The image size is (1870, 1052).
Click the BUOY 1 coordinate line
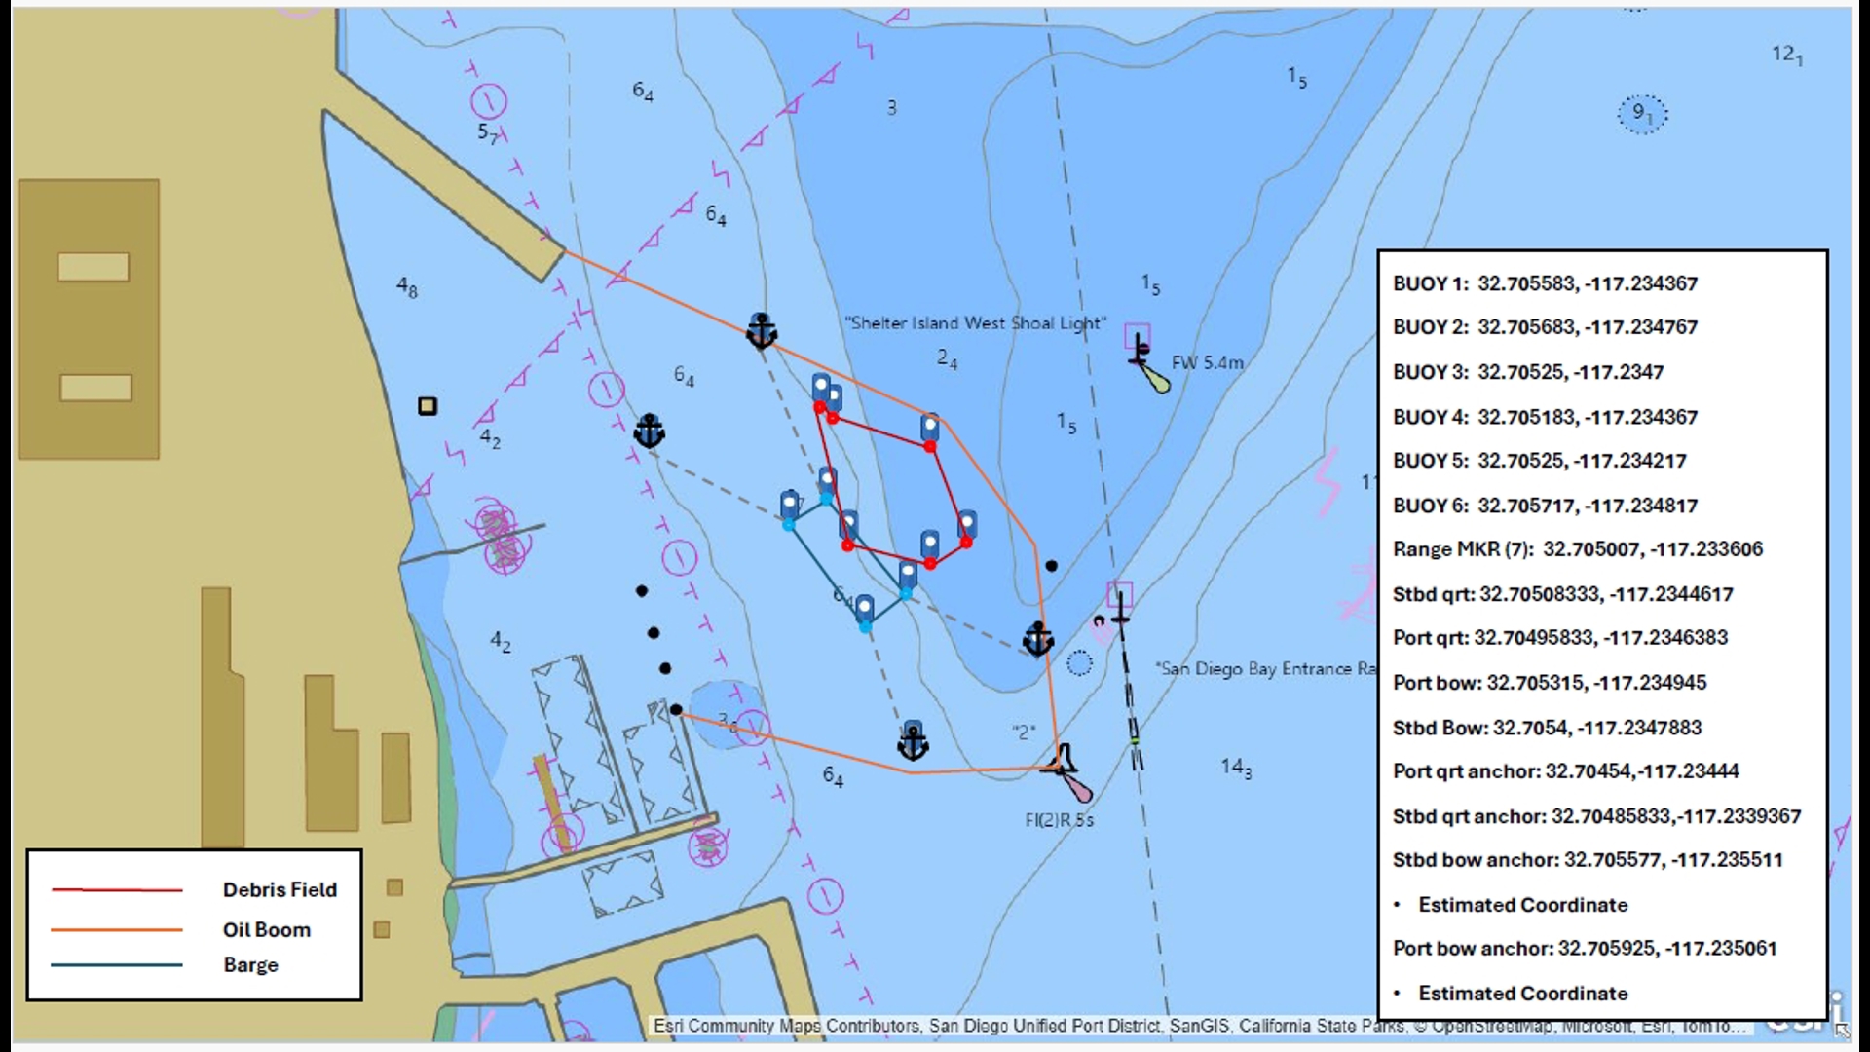[1545, 283]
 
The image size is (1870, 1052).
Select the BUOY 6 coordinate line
[1545, 506]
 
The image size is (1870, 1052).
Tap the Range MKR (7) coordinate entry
[1577, 549]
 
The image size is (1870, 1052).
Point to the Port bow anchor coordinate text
[1584, 949]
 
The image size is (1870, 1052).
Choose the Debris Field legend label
[280, 890]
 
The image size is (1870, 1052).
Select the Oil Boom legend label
[266, 930]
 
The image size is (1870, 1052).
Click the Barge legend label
[250, 965]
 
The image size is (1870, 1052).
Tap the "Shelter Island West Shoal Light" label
[974, 323]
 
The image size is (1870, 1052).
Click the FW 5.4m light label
[1207, 363]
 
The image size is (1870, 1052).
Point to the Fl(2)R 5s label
[1059, 820]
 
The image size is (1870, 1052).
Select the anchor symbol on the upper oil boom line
[761, 331]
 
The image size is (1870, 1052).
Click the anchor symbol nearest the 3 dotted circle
[913, 743]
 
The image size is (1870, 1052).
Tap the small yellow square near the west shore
[428, 406]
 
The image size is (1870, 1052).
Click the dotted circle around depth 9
[1642, 114]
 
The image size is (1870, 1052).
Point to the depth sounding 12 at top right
[1786, 55]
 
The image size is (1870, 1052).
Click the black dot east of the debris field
[1051, 566]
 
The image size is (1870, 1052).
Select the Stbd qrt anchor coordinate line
[1596, 816]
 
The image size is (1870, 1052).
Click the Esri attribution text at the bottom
[1198, 1026]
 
